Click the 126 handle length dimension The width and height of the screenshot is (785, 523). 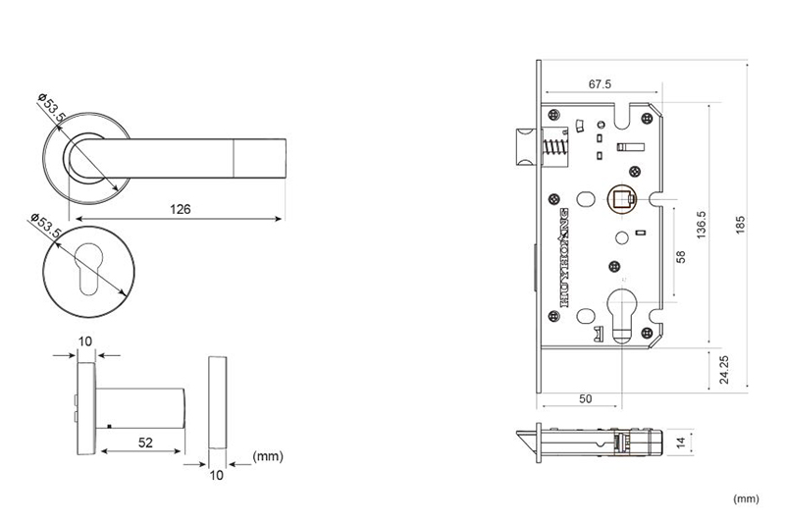180,209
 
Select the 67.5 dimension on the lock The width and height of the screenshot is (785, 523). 601,84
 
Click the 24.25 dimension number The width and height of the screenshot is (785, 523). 722,370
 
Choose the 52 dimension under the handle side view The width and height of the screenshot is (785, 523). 145,443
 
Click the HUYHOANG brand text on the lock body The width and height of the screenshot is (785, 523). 562,257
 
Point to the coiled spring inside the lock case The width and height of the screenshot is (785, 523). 554,149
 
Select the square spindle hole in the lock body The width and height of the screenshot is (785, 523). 621,199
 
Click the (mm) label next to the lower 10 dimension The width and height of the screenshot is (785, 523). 268,456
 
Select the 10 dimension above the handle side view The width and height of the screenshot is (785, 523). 85,340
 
